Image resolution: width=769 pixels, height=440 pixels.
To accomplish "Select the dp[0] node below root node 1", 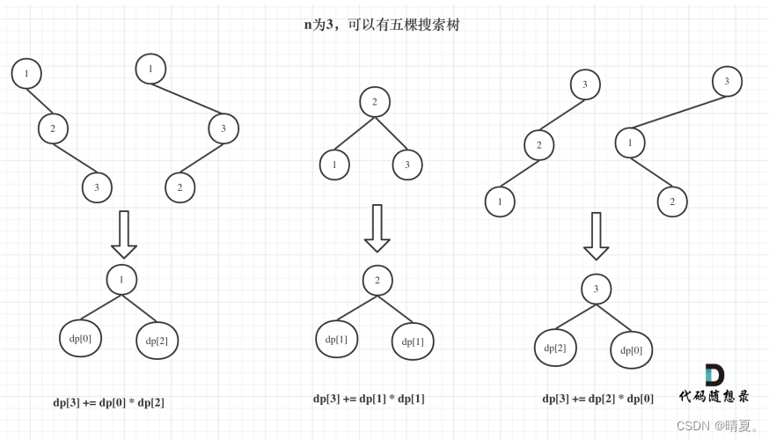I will point(80,338).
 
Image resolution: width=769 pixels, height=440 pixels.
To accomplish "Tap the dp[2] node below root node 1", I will point(157,341).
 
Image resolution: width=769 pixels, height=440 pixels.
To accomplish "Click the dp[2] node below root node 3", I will point(555,348).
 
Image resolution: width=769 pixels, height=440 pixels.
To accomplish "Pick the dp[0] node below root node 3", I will point(632,349).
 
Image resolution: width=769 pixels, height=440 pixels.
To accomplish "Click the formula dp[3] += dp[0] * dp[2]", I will point(108,402).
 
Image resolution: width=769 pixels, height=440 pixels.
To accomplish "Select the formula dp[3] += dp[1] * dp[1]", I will point(369,398).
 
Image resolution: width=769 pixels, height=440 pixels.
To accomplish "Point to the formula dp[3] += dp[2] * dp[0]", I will point(597,398).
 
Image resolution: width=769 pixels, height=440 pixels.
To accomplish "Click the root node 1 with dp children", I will point(121,280).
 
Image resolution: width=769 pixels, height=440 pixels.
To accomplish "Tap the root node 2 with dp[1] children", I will point(377,281).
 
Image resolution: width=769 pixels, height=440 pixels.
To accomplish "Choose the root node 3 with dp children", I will point(596,289).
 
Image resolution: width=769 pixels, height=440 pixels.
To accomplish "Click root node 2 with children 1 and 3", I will point(374,102).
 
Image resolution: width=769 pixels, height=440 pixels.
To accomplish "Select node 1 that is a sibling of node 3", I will point(334,165).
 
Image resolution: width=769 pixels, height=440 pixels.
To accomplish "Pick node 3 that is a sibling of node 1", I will point(407,165).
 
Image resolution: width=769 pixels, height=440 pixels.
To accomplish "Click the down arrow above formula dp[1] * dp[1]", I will point(377,228).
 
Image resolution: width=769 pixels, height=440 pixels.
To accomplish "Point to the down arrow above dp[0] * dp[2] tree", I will point(124,233).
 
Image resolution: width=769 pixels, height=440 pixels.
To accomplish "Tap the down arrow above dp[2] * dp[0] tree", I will point(597,236).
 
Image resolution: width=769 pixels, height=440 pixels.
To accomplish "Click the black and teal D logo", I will point(714,375).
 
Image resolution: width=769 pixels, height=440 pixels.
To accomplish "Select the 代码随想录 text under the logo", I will point(714,397).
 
